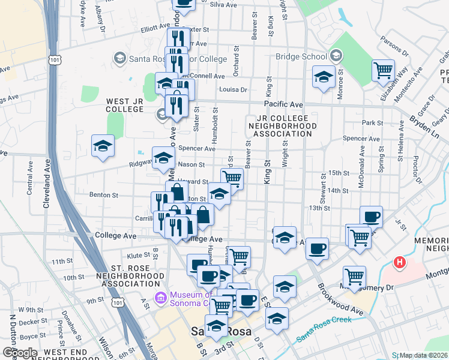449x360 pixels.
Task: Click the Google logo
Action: click(x=20, y=353)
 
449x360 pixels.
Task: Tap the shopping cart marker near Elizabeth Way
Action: click(x=382, y=71)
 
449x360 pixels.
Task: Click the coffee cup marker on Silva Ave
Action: click(x=184, y=4)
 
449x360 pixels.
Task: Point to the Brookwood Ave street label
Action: click(x=342, y=299)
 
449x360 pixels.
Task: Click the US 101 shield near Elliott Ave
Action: click(x=55, y=60)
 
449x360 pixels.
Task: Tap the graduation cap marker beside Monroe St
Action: click(x=324, y=77)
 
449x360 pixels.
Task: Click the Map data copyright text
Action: click(x=423, y=355)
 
